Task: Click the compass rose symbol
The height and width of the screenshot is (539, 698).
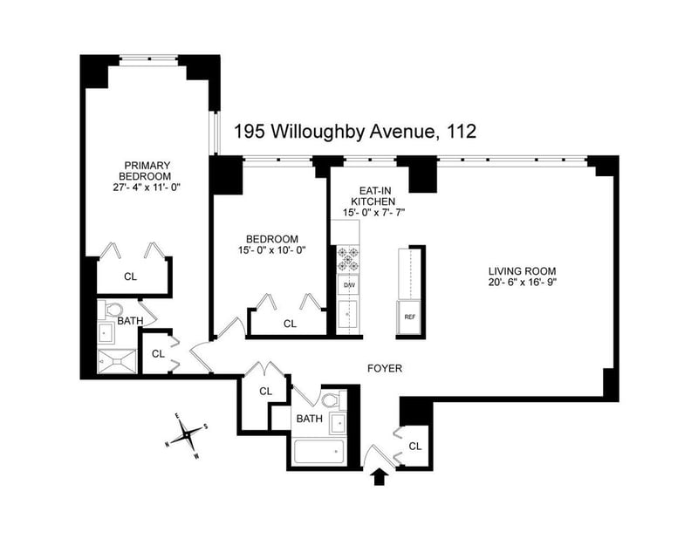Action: [x=187, y=435]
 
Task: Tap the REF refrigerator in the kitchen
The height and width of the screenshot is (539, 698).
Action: [x=409, y=317]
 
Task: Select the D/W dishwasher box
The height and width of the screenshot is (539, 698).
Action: [x=348, y=285]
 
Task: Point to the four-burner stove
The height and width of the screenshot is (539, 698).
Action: [x=348, y=260]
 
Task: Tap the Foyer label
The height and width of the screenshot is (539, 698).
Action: [x=385, y=369]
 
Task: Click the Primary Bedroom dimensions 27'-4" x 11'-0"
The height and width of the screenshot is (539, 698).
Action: [x=147, y=188]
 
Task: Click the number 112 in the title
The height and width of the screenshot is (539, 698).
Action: [x=462, y=132]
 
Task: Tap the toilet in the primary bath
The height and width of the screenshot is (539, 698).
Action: [x=111, y=309]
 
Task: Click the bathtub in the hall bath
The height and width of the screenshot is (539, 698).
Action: [x=319, y=452]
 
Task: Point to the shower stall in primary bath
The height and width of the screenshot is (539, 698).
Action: [x=117, y=361]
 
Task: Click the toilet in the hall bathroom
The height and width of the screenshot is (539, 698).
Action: [x=334, y=400]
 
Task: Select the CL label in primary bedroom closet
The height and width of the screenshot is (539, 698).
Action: [x=130, y=276]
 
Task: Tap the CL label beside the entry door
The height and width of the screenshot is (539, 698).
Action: [x=415, y=446]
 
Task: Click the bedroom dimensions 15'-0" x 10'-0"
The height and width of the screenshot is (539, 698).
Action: [x=271, y=250]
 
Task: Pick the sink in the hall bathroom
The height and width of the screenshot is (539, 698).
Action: [x=338, y=423]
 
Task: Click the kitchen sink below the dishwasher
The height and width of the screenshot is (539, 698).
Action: [x=348, y=316]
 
